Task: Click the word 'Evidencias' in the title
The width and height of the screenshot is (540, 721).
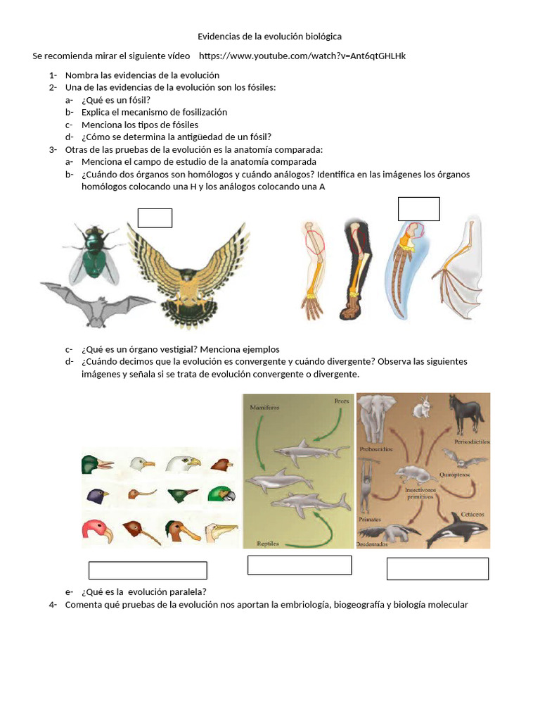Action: pyautogui.click(x=219, y=36)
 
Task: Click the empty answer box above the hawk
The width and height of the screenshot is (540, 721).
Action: pyautogui.click(x=155, y=218)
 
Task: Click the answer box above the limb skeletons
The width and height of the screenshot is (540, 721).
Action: pyautogui.click(x=418, y=209)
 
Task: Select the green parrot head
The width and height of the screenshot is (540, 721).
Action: pyautogui.click(x=221, y=494)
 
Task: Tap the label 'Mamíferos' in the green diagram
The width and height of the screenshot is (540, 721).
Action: pyautogui.click(x=264, y=408)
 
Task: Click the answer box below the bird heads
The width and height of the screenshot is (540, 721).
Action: pyautogui.click(x=148, y=570)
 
